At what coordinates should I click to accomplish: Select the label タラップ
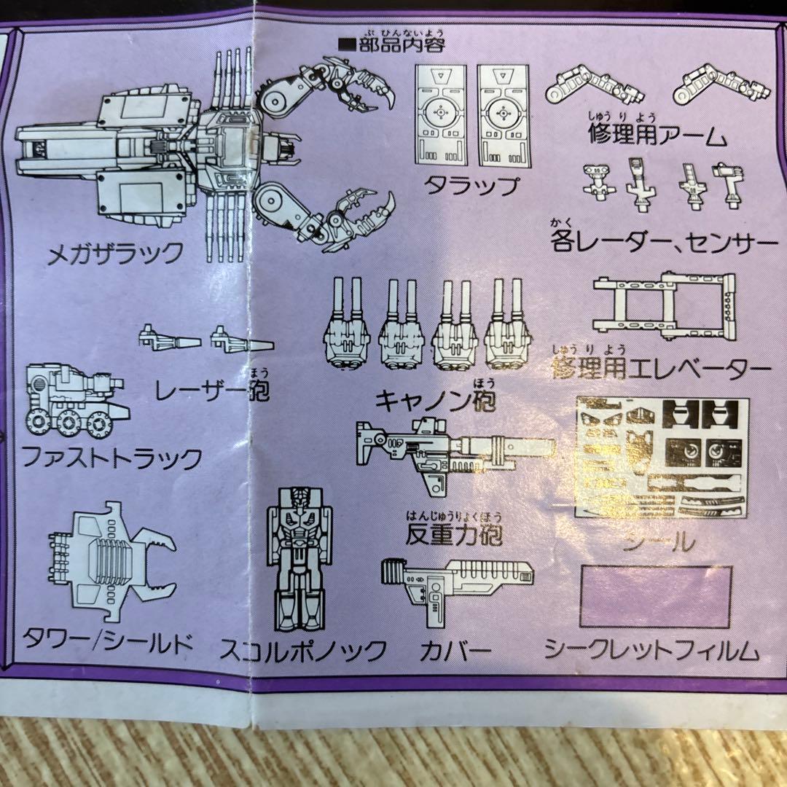pos(472,185)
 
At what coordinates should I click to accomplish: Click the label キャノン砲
pos(434,401)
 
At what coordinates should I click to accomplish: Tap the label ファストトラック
pos(111,458)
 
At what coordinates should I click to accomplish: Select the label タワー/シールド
pos(107,642)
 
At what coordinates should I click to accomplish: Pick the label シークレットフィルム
pos(651,649)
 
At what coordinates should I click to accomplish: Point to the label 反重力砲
pos(455,536)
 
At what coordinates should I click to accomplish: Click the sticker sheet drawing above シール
pos(662,458)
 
